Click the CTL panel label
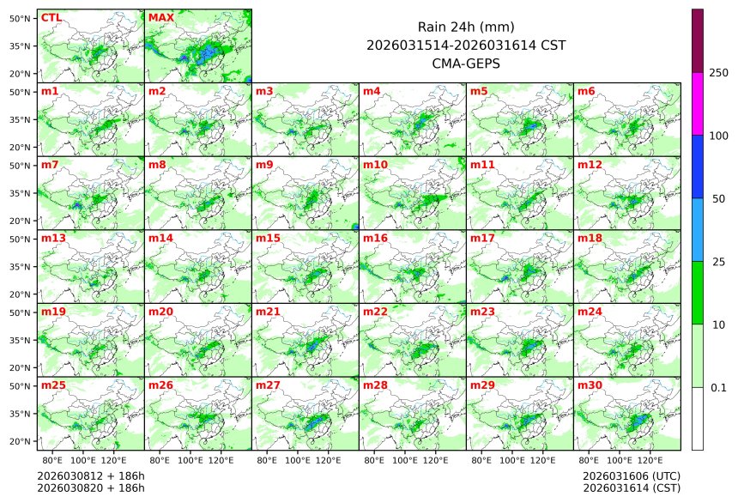click(x=51, y=17)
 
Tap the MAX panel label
click(x=160, y=17)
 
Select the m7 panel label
click(x=50, y=164)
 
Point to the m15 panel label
click(x=268, y=238)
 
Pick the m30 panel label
click(x=590, y=385)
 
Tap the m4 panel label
click(x=372, y=91)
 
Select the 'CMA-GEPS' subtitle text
click(x=465, y=63)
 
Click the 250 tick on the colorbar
click(x=719, y=73)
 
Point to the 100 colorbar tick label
click(x=719, y=136)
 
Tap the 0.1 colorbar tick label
click(x=718, y=388)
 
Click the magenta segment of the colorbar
click(x=698, y=104)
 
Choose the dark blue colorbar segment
click(x=698, y=167)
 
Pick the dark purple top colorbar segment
click(x=698, y=40)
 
